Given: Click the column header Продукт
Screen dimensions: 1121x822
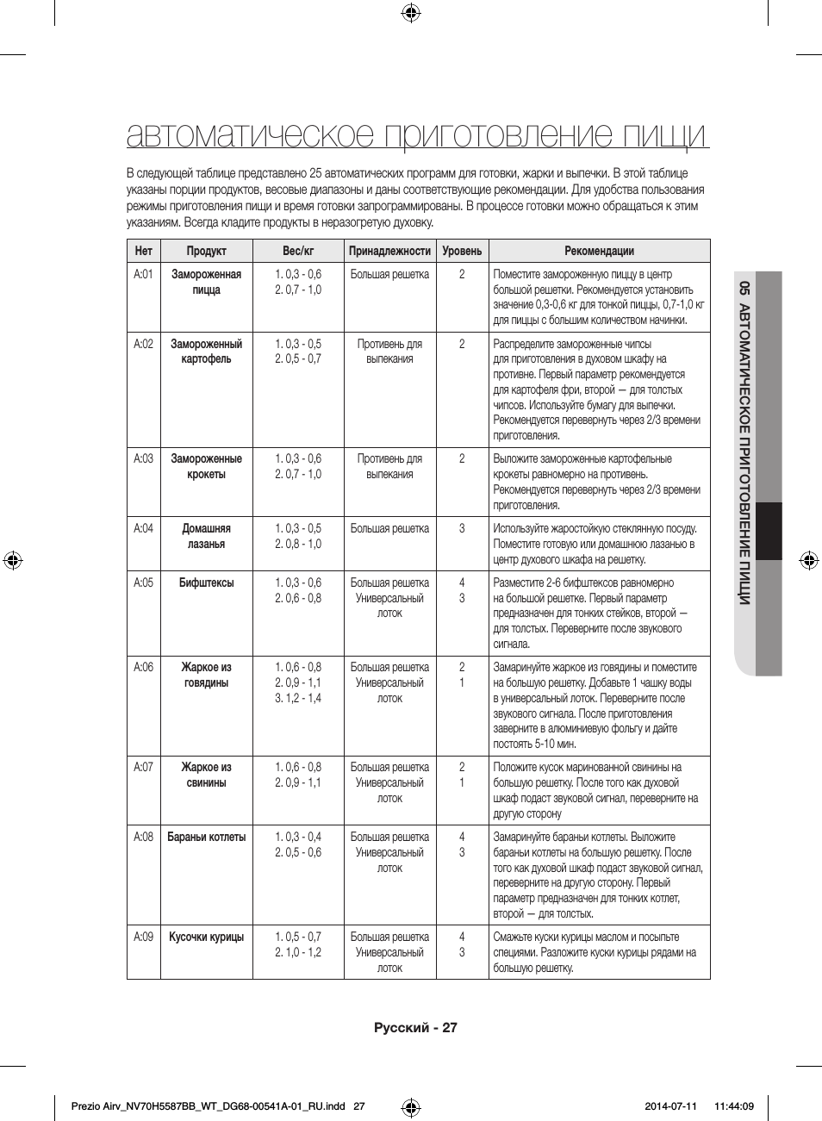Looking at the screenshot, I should click(x=206, y=251).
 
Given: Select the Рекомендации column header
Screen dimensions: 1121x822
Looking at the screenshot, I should click(x=599, y=251).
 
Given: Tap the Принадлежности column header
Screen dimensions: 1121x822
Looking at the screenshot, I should click(x=389, y=251).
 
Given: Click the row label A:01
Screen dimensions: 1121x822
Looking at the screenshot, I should click(x=143, y=275).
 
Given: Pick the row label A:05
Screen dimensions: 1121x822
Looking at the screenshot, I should click(x=143, y=583).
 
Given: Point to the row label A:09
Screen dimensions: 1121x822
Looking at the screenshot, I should click(x=143, y=937).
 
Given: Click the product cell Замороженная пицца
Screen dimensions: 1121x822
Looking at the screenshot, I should click(x=206, y=283).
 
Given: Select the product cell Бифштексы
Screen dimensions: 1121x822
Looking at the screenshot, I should click(x=206, y=583).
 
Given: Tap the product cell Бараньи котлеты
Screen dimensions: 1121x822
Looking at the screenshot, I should click(x=206, y=838).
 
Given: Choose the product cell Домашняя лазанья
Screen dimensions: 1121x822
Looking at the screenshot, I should click(x=206, y=537).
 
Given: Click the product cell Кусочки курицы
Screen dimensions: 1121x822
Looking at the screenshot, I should click(x=206, y=937).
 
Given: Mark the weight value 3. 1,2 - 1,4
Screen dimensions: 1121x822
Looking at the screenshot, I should click(x=298, y=699).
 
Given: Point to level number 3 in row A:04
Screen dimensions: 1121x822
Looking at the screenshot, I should click(x=462, y=529).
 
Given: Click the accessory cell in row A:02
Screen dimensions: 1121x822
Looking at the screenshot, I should click(x=389, y=352).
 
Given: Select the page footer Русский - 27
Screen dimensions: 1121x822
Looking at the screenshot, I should click(x=415, y=1028).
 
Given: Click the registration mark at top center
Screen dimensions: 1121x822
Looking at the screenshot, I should click(x=411, y=12).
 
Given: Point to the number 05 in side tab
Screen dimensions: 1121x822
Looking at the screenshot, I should click(x=745, y=289).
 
